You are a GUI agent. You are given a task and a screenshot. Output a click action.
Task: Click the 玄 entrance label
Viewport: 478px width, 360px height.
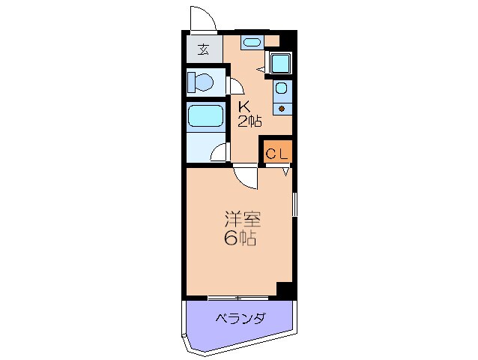(204, 50)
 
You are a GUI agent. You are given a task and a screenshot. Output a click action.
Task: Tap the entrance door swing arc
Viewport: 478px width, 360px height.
(201, 18)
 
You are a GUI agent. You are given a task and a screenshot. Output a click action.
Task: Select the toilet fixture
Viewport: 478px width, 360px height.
(200, 81)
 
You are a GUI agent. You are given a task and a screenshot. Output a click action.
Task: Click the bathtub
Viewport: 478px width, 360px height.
(205, 117)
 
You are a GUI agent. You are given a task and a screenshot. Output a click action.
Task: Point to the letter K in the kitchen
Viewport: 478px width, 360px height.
(244, 106)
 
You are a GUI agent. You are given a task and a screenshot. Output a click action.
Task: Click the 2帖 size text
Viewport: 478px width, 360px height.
(249, 121)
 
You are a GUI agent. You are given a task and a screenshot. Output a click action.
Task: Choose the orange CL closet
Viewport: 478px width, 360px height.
(276, 153)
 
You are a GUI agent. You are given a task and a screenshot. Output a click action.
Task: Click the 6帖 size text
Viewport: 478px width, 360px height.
(240, 240)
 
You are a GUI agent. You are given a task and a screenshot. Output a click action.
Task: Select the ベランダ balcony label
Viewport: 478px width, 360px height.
(240, 319)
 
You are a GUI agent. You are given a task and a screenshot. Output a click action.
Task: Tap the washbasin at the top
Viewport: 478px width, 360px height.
(252, 41)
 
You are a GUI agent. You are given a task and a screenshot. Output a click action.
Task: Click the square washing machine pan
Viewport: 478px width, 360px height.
(281, 64)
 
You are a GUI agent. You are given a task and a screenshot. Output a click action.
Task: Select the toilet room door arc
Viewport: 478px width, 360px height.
(234, 88)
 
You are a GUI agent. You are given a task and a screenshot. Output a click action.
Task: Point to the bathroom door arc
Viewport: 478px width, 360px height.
(220, 153)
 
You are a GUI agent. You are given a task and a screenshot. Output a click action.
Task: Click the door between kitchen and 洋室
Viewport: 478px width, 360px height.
(245, 177)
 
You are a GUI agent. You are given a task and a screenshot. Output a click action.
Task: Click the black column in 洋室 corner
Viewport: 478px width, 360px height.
(285, 289)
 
